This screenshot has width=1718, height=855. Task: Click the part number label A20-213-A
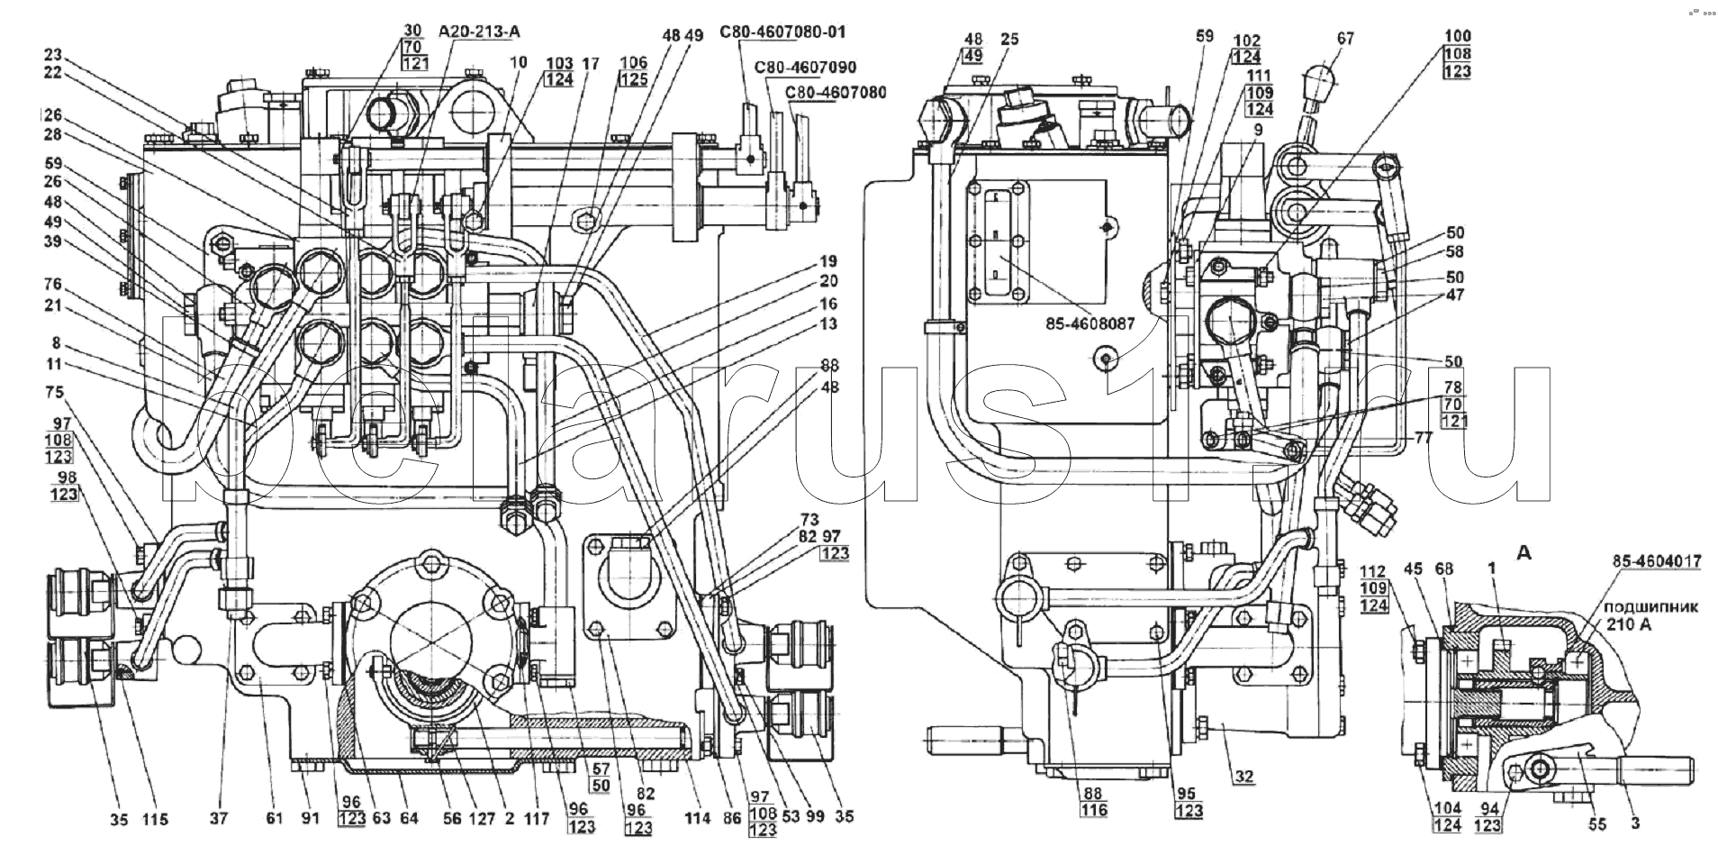480,32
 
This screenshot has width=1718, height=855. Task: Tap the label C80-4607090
806,67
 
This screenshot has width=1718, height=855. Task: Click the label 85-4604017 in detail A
1657,561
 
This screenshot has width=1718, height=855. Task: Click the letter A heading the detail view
1524,553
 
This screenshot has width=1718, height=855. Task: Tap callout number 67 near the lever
1345,39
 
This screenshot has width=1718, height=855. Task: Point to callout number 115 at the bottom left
155,819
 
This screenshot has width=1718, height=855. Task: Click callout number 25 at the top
1009,39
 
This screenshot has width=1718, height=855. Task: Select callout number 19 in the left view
828,263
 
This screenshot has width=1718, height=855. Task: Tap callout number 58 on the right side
1455,252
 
